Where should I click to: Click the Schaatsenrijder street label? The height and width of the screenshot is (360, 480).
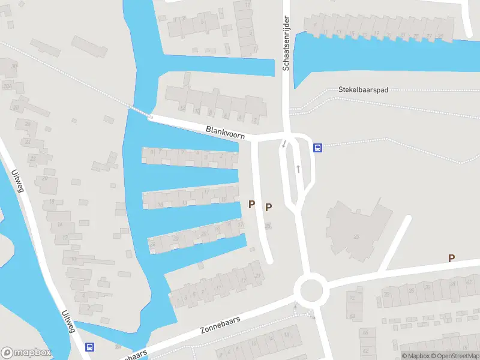tap(286, 44)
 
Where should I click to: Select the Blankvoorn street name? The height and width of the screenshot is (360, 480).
tap(225, 131)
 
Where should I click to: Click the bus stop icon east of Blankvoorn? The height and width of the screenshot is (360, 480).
tap(317, 148)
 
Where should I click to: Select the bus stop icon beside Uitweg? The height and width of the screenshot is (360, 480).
tap(90, 347)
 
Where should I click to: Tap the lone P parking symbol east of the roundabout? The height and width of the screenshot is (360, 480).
tap(451, 258)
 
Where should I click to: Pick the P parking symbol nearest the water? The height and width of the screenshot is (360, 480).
tap(252, 205)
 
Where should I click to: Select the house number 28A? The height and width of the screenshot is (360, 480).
tap(8, 86)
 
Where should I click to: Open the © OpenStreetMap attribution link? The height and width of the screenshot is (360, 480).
tap(454, 356)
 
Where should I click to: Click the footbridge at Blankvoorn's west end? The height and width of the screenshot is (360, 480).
tap(139, 112)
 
